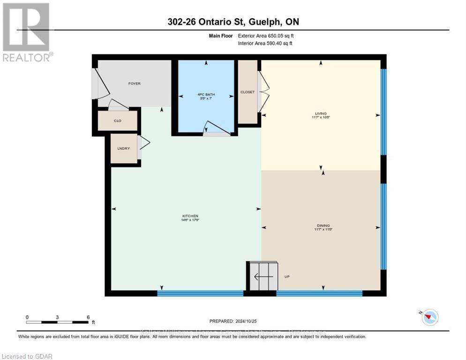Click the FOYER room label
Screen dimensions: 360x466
(135, 83)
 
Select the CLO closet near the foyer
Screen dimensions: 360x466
(118, 120)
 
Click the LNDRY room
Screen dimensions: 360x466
(123, 149)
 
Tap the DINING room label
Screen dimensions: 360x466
(321, 228)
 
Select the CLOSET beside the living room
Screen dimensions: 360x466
(248, 92)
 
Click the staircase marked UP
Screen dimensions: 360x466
(263, 277)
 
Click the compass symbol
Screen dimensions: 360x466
(429, 317)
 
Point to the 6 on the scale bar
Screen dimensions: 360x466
(88, 317)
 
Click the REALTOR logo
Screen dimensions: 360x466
(27, 31)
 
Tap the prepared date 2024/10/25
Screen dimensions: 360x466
(233, 321)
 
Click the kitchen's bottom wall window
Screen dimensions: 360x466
(200, 293)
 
